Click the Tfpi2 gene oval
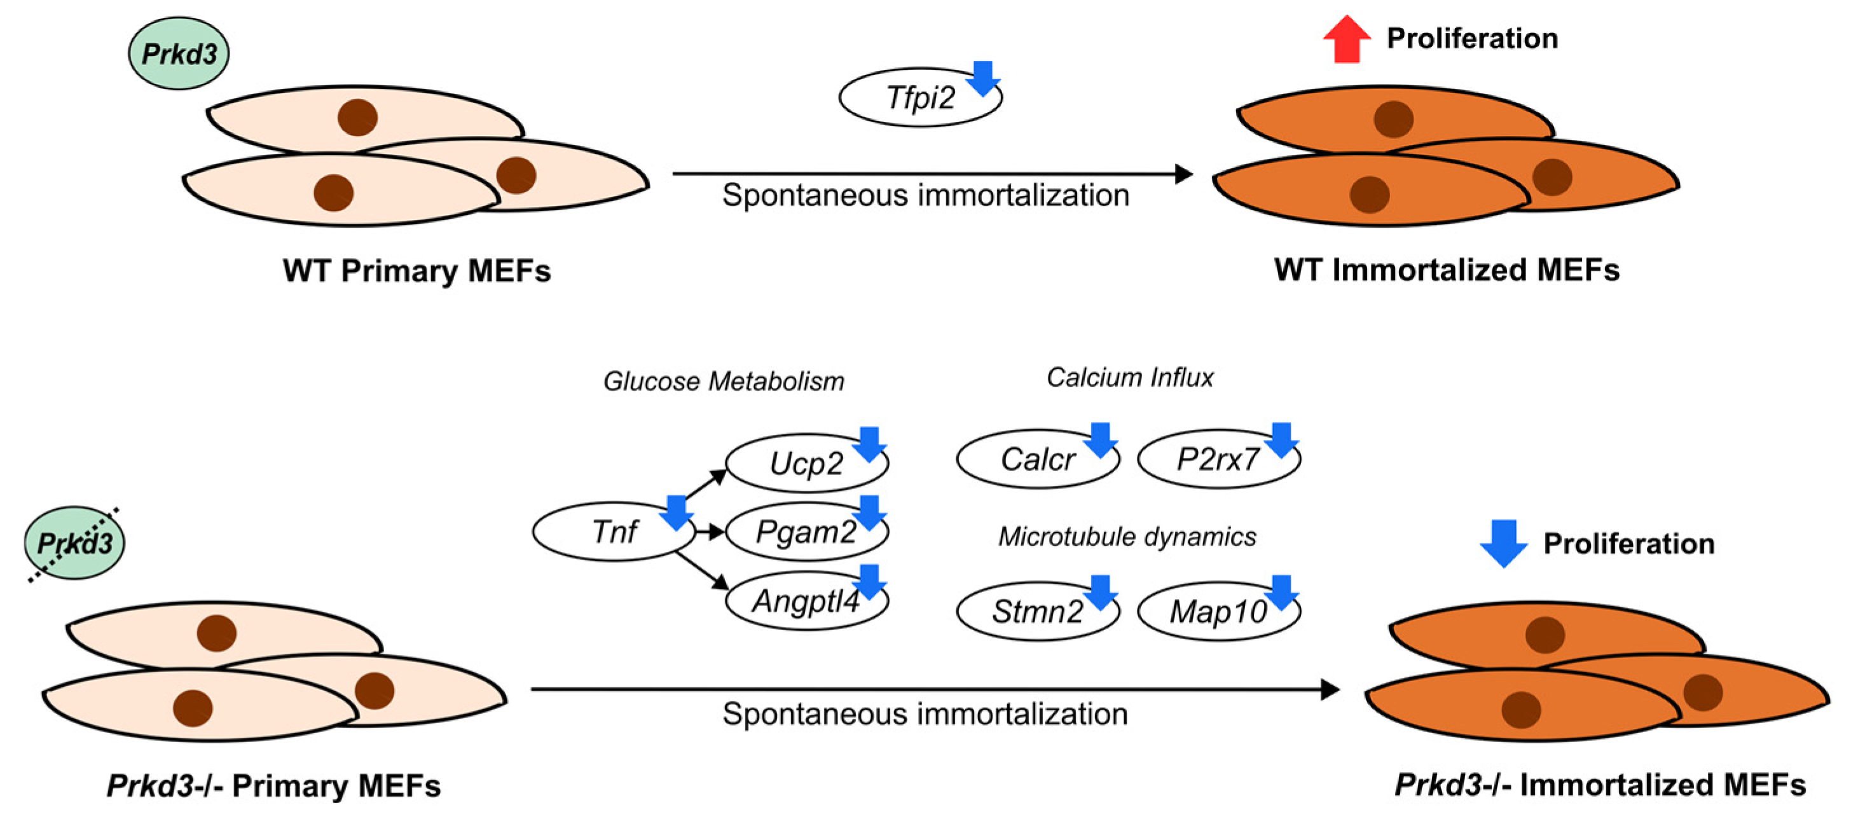pyautogui.click(x=919, y=98)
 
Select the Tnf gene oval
pyautogui.click(x=614, y=532)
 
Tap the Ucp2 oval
pyautogui.click(x=807, y=464)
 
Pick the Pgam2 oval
pyautogui.click(x=807, y=532)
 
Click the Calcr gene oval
pyautogui.click(x=1038, y=459)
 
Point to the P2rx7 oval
pyautogui.click(x=1219, y=459)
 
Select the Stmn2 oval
pyautogui.click(x=1038, y=611)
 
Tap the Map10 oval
pyautogui.click(x=1219, y=611)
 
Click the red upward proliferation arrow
pyautogui.click(x=1347, y=39)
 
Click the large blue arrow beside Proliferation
pyautogui.click(x=1504, y=544)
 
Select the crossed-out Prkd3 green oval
pyautogui.click(x=74, y=543)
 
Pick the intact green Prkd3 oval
pyautogui.click(x=179, y=54)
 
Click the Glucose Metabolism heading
pyautogui.click(x=724, y=382)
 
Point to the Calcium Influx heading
pyautogui.click(x=1129, y=377)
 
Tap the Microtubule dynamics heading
pyautogui.click(x=1127, y=537)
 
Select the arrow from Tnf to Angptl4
pyautogui.click(x=703, y=570)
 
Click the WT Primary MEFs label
pyautogui.click(x=416, y=271)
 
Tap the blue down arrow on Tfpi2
pyautogui.click(x=983, y=78)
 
